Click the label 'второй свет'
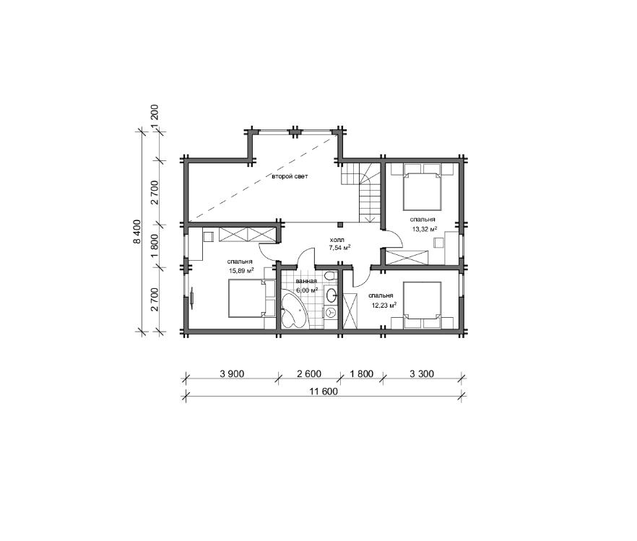290,176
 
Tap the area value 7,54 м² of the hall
339,247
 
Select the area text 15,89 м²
241,270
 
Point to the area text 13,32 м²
425,229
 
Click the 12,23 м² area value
384,305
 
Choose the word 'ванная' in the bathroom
306,281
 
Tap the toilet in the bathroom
329,276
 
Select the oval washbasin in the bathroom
331,295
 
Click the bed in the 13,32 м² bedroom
422,191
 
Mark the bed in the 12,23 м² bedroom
422,301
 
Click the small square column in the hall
340,224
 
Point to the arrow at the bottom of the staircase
370,220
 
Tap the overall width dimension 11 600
324,391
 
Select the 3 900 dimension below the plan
232,373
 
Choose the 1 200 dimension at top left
155,118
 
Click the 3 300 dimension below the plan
422,373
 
